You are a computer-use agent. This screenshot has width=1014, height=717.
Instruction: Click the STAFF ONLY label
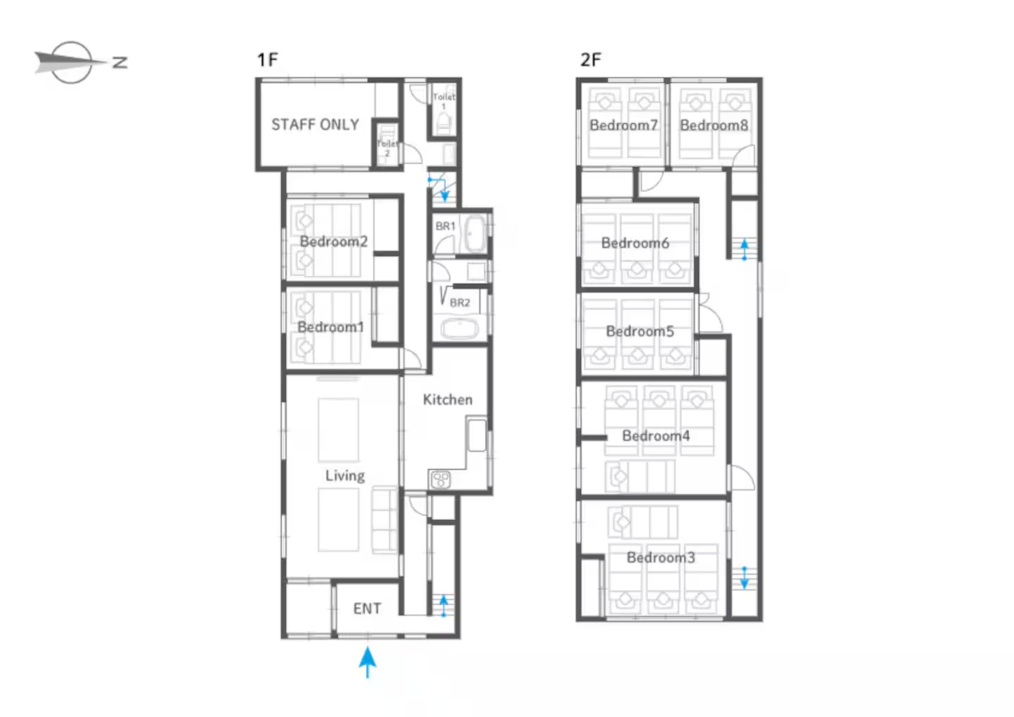[x=315, y=125]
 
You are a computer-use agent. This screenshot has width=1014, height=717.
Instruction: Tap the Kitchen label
[x=448, y=399]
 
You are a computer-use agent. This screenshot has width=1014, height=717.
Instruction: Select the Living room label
[x=345, y=475]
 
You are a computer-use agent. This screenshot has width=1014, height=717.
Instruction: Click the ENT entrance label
[x=367, y=609]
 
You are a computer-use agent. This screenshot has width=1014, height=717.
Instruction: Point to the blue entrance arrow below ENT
[x=368, y=663]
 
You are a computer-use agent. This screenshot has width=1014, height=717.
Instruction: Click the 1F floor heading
[x=268, y=60]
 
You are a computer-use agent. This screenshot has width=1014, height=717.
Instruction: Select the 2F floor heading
[x=591, y=60]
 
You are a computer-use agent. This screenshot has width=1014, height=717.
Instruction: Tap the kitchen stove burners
[x=441, y=480]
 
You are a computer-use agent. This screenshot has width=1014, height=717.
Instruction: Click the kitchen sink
[x=477, y=435]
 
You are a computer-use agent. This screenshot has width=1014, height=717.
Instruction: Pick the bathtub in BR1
[x=475, y=233]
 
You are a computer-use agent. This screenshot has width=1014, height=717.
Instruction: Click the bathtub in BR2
[x=460, y=329]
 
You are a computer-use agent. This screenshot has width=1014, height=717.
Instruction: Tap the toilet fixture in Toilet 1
[x=444, y=123]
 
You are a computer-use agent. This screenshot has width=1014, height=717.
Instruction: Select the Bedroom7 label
[x=624, y=125]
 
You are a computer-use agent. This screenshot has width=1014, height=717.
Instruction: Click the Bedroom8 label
[x=714, y=125]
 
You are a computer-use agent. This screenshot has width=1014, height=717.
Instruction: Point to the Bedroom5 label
[x=640, y=331]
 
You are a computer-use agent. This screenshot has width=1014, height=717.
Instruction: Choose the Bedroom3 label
[x=661, y=558]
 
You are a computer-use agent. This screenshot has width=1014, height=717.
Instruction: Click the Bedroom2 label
[x=334, y=242]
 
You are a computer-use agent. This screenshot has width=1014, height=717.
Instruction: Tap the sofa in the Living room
[x=384, y=520]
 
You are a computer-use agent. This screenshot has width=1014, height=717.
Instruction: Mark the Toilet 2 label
[x=387, y=149]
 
